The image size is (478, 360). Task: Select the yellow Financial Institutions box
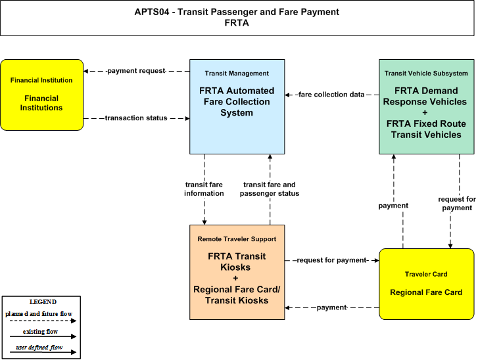pos(42,95)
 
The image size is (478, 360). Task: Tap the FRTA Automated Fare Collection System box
pos(237,106)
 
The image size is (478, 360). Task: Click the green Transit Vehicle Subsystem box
pos(427,106)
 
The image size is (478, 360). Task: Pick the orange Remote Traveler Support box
pos(237,272)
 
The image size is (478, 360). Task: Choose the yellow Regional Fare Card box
pos(427,284)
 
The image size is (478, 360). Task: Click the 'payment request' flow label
pos(136,71)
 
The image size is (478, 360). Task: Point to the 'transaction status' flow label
pos(136,118)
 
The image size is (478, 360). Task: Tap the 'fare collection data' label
pos(331,95)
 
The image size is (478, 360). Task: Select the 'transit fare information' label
pos(204,189)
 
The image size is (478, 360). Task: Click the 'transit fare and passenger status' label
pos(270,189)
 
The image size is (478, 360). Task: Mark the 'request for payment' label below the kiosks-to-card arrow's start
pos(331,260)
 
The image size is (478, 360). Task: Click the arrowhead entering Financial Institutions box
pos(86,71)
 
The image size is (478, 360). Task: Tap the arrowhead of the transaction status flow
pos(187,118)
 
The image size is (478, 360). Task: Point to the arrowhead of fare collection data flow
pos(287,95)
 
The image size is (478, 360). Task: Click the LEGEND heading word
pos(43,302)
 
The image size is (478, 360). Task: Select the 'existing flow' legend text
pos(40,331)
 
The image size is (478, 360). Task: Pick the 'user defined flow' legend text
pos(39,348)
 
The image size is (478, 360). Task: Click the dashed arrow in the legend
pos(43,321)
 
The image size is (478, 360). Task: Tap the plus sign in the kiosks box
pos(235,278)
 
